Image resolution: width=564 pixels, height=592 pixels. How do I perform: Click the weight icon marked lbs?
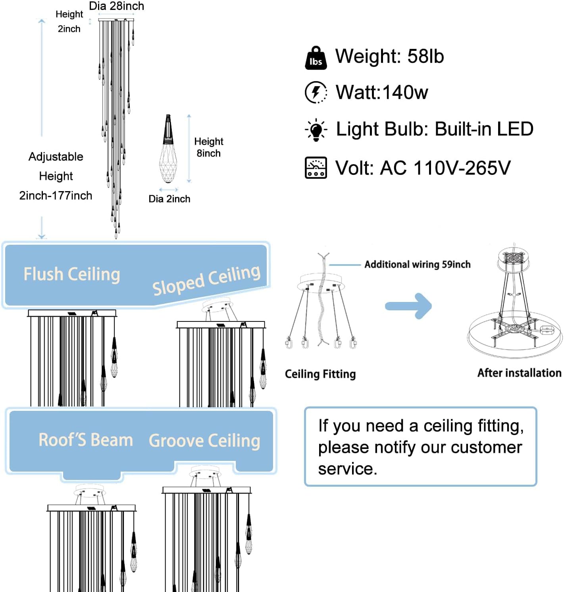tap(316, 58)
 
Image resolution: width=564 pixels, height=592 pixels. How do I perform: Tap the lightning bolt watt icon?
tap(316, 92)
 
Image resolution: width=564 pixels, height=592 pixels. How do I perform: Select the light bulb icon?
tap(316, 130)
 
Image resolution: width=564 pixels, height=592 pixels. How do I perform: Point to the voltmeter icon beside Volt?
tap(316, 168)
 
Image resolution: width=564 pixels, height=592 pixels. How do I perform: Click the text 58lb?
tap(425, 56)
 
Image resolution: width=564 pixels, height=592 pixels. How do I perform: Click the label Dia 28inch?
tap(117, 6)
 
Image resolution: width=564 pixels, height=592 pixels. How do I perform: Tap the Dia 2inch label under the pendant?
tap(169, 199)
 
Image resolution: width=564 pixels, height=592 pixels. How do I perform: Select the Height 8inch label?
tap(209, 147)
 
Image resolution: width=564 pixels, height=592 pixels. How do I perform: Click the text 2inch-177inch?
tap(56, 196)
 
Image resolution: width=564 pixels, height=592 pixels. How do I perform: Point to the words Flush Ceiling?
tap(72, 274)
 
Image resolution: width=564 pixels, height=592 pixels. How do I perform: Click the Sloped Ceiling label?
tap(206, 280)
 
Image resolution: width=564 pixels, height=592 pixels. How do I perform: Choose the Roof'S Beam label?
tap(86, 440)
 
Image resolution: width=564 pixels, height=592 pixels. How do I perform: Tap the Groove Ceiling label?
tap(204, 441)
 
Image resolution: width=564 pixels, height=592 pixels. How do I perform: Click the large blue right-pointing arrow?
tap(408, 306)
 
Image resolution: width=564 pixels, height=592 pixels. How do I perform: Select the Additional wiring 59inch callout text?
tap(418, 264)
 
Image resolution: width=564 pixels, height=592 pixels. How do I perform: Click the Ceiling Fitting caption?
tap(320, 374)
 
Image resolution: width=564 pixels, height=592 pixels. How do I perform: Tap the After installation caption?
tap(520, 373)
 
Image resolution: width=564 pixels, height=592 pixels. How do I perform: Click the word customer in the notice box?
tap(486, 447)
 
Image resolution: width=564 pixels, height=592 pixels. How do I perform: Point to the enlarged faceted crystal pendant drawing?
tap(168, 149)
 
